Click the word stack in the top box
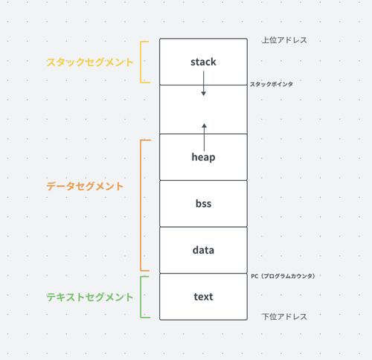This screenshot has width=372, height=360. click(x=203, y=62)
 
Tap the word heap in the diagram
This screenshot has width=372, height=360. click(x=203, y=157)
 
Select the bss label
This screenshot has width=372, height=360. click(x=203, y=204)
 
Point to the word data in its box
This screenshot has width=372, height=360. click(x=203, y=250)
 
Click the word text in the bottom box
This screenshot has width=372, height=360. click(x=203, y=297)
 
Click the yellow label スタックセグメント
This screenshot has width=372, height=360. click(x=90, y=62)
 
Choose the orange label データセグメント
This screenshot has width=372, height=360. click(x=85, y=186)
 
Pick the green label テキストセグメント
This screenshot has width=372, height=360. click(x=90, y=297)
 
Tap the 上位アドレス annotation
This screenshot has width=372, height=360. click(x=284, y=40)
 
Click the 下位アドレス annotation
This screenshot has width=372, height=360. click(x=284, y=317)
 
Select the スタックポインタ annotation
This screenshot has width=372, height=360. click(x=272, y=84)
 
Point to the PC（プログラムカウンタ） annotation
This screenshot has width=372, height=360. click(x=283, y=276)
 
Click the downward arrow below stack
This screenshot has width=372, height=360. click(x=204, y=83)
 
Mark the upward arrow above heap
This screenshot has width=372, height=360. click(x=204, y=137)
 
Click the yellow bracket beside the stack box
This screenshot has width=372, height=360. click(x=141, y=62)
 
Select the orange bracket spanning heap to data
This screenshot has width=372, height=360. click(x=141, y=205)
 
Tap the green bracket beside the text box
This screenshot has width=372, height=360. click(x=141, y=297)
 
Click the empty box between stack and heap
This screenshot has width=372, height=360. click(x=203, y=109)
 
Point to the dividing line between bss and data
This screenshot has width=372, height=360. click(x=203, y=227)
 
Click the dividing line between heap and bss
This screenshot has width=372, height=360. click(x=203, y=180)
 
